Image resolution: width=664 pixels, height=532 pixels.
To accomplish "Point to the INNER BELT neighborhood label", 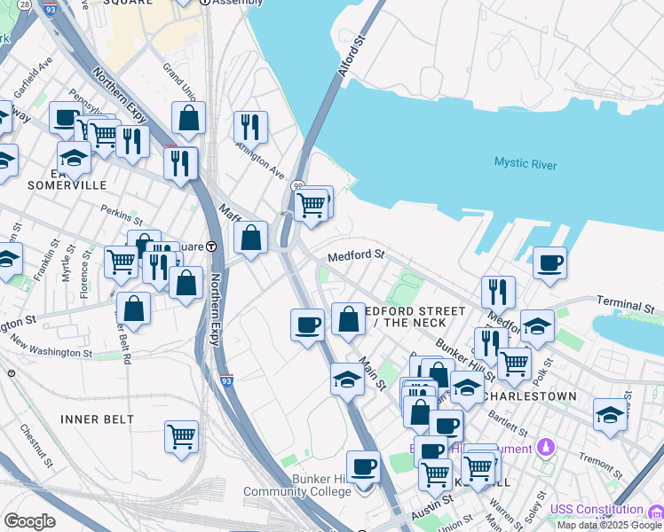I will (x=98, y=419).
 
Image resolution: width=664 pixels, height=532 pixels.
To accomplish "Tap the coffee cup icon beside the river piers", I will (x=550, y=262).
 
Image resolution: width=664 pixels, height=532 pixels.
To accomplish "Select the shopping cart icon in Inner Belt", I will (x=181, y=436).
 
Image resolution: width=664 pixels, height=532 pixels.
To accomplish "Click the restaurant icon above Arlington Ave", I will (x=250, y=126).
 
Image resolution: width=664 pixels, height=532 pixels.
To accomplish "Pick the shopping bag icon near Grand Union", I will (x=188, y=117).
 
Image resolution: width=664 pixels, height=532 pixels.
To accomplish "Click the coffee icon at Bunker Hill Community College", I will (x=362, y=466).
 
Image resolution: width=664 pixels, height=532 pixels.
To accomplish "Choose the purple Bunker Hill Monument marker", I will (x=546, y=448).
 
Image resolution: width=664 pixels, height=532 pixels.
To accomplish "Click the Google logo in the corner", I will (x=29, y=521).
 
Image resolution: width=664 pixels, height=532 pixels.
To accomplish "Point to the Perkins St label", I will (x=122, y=215).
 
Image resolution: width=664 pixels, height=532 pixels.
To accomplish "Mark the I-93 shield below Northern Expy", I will (x=226, y=377).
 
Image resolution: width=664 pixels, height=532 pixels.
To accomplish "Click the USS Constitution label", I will (x=596, y=509).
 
